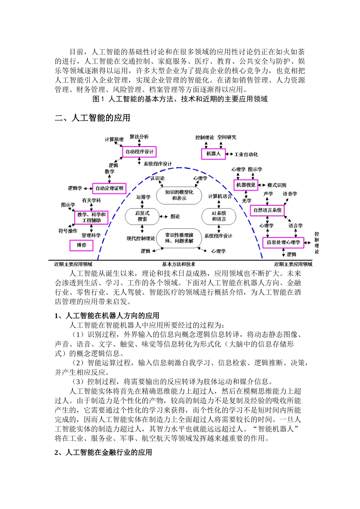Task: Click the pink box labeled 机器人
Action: pyautogui.click(x=213, y=154)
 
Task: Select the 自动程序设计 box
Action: pyautogui.click(x=140, y=152)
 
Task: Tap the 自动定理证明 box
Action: pyautogui.click(x=109, y=188)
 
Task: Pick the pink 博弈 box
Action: pyautogui.click(x=81, y=245)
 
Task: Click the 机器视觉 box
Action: pyautogui.click(x=246, y=185)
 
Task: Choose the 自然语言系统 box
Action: pyautogui.click(x=268, y=210)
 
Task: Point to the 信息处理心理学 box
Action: pyautogui.click(x=283, y=242)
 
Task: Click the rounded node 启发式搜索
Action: pyautogui.click(x=142, y=216)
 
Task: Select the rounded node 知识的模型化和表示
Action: pyautogui.click(x=179, y=195)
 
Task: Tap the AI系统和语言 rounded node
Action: pyautogui.click(x=219, y=216)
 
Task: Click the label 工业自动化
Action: pyautogui.click(x=246, y=155)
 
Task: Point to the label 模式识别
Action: pyautogui.click(x=277, y=185)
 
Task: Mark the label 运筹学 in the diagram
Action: pyautogui.click(x=144, y=197)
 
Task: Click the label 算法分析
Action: pyautogui.click(x=139, y=137)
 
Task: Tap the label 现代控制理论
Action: pyautogui.click(x=141, y=239)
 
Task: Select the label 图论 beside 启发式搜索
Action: pyautogui.click(x=175, y=217)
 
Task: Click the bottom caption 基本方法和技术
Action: pyautogui.click(x=178, y=264)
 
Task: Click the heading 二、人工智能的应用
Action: pyautogui.click(x=92, y=118)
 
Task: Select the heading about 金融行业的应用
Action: pyautogui.click(x=103, y=453)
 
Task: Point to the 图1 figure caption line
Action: pyautogui.click(x=180, y=99)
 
